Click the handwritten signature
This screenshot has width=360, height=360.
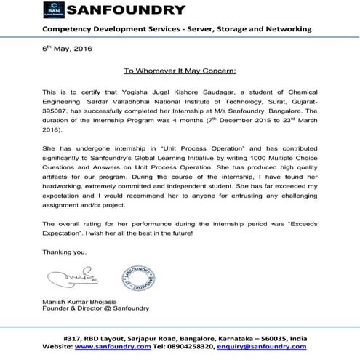[66, 277]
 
